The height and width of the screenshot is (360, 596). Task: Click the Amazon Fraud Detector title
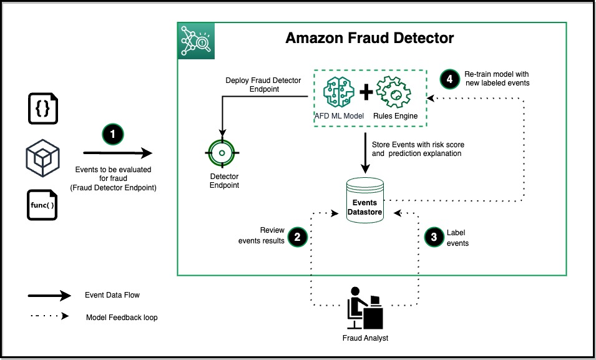369,38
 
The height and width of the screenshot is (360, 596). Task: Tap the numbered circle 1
114,134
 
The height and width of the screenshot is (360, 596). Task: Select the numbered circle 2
297,236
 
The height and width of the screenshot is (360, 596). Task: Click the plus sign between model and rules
366,92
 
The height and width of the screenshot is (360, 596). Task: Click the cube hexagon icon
42,157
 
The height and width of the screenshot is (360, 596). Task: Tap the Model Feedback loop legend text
122,318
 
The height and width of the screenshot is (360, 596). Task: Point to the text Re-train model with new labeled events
496,79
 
